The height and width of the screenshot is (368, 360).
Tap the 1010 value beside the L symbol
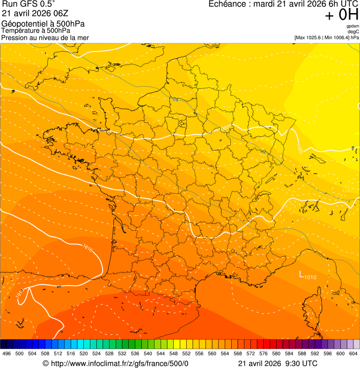[x=310, y=277]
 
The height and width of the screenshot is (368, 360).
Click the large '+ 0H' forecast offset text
[x=341, y=15]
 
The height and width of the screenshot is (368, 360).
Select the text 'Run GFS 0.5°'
[x=29, y=4]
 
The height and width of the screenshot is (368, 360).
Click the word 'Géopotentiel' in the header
[x=22, y=24]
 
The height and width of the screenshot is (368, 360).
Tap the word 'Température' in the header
[x=20, y=31]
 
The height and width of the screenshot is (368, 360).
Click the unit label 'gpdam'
[x=353, y=26]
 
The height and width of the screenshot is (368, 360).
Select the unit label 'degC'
[x=353, y=31]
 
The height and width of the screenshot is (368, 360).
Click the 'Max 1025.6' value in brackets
[x=309, y=37]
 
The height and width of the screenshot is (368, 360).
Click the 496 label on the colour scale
[x=7, y=353]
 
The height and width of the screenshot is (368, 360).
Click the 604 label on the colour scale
[x=353, y=353]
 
